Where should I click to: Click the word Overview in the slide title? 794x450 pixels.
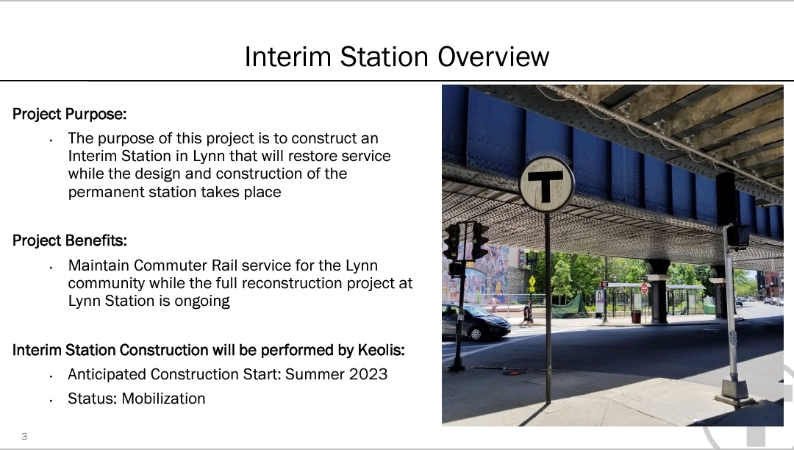pos(493,57)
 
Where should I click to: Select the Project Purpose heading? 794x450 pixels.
pos(69,115)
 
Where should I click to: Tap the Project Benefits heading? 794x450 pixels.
pos(69,241)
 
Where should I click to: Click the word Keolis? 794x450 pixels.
pos(381,350)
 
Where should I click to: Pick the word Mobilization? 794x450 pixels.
pos(163,399)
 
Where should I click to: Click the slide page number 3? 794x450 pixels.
pos(24,436)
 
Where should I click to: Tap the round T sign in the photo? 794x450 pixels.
pos(546,185)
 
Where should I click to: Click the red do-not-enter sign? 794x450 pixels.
pos(644,288)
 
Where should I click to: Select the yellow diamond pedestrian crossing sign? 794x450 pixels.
pos(532,282)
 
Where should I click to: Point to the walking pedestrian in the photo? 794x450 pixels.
pos(526,313)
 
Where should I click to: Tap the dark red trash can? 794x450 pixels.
pos(635,317)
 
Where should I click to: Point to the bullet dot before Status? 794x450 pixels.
pos(51,401)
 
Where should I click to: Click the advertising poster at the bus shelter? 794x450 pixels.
pos(600,300)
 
